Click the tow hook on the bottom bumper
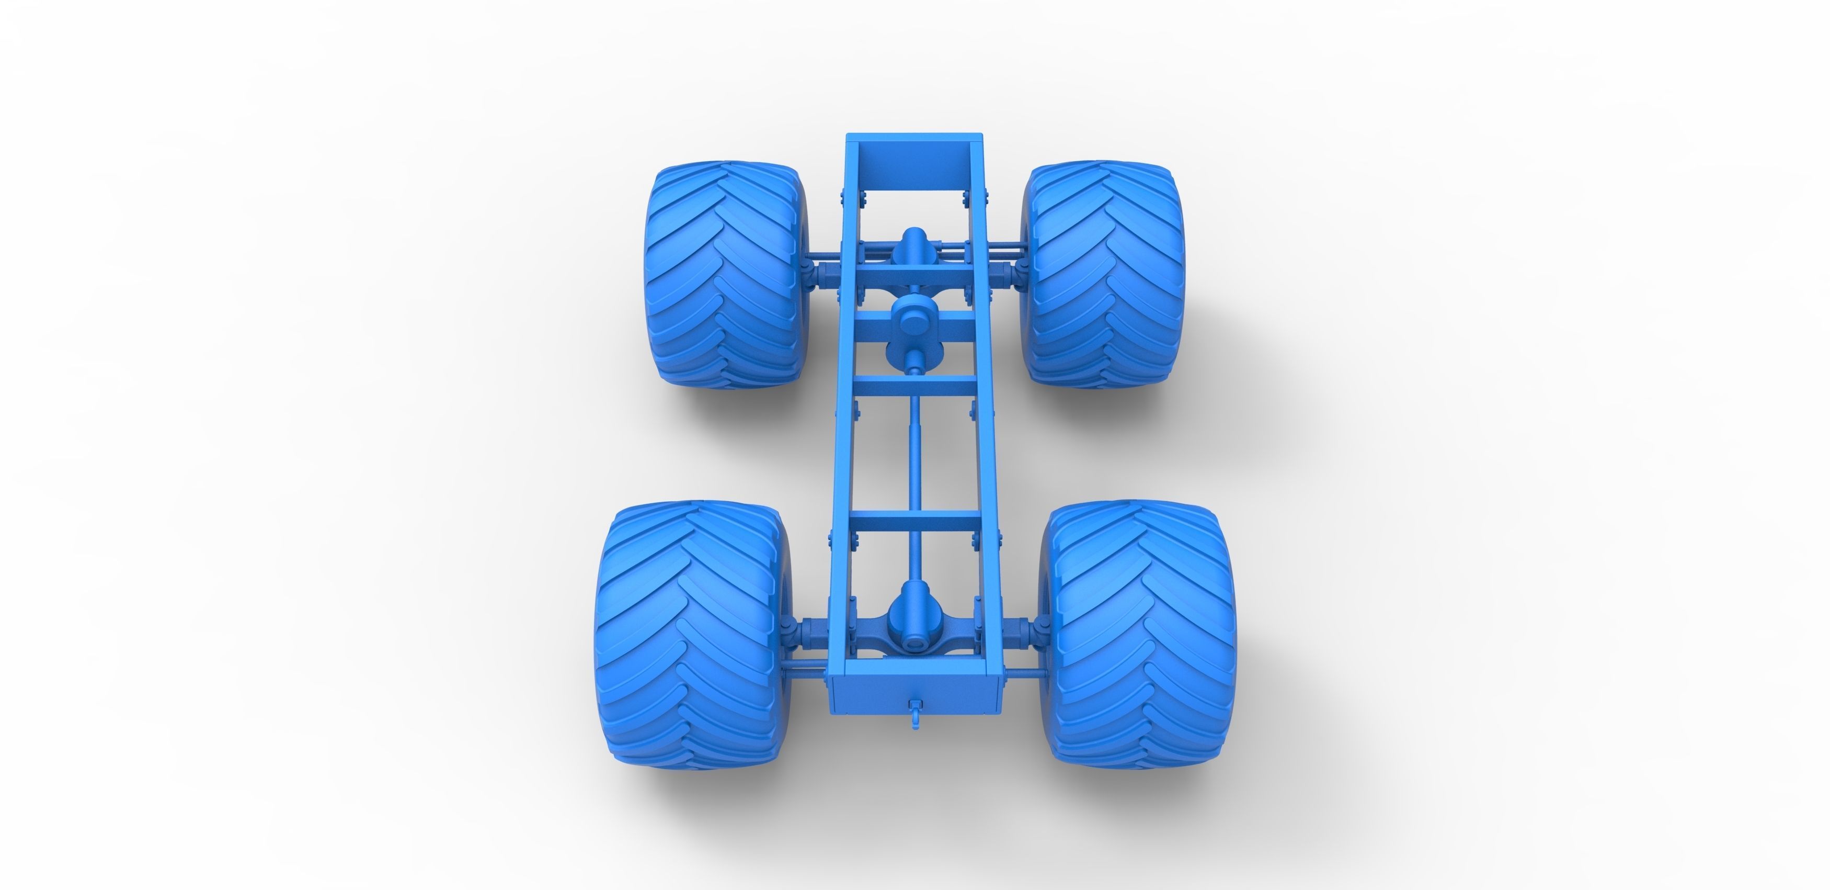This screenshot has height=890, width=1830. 915,711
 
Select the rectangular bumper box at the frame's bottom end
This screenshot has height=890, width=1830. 914,696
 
